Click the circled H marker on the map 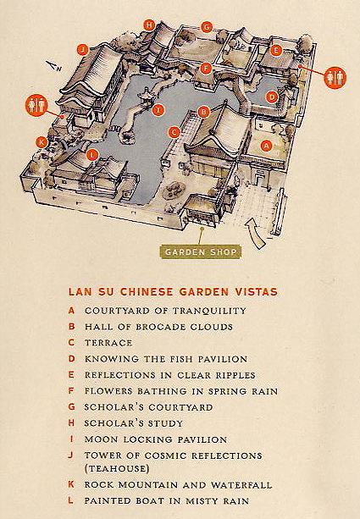150,25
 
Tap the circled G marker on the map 207,27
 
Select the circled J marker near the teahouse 83,50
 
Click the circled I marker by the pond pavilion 158,110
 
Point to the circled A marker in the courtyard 267,146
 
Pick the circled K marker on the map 42,142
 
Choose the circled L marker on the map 92,155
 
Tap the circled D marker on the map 272,97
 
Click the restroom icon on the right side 335,78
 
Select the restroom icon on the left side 36,105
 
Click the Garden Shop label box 201,252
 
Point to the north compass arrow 53,66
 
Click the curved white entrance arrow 254,233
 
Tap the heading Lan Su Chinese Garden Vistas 173,292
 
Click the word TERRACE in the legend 108,343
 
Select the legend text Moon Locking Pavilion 156,439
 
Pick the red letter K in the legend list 71,484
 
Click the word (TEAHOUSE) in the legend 117,469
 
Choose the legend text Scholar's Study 134,423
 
